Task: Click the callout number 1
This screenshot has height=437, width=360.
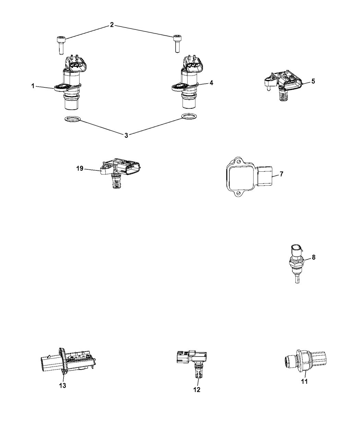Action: pyautogui.click(x=33, y=86)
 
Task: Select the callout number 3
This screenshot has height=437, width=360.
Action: pyautogui.click(x=126, y=135)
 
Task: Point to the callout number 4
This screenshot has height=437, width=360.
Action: pyautogui.click(x=212, y=83)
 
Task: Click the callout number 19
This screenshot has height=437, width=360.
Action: pyautogui.click(x=80, y=169)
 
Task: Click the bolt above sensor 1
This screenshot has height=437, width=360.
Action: pyautogui.click(x=61, y=45)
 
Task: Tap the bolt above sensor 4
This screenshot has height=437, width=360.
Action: pyautogui.click(x=177, y=44)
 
